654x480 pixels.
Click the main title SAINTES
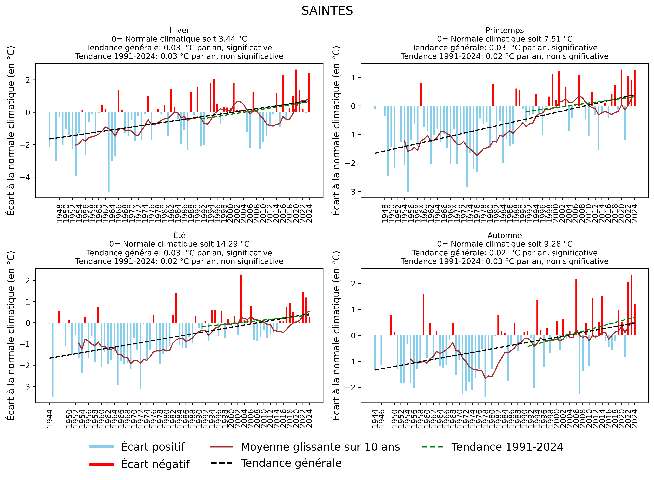(327, 11)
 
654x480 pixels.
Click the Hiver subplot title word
(179, 30)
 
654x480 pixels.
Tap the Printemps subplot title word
(505, 30)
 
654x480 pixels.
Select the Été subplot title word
(179, 235)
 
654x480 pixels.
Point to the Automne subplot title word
(505, 235)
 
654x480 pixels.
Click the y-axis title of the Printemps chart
(336, 131)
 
